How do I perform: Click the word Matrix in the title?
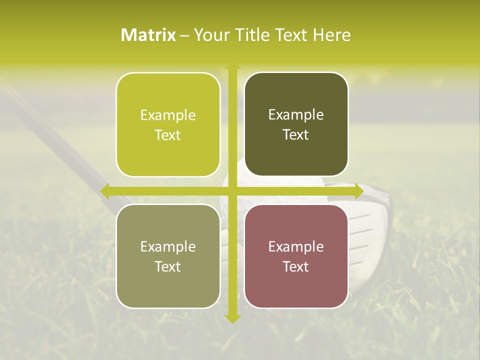pos(148,35)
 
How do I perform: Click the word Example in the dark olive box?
pos(296,114)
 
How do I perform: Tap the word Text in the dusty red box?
pos(296,266)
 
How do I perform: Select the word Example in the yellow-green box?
pos(168,115)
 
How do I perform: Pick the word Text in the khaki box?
pos(168,266)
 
